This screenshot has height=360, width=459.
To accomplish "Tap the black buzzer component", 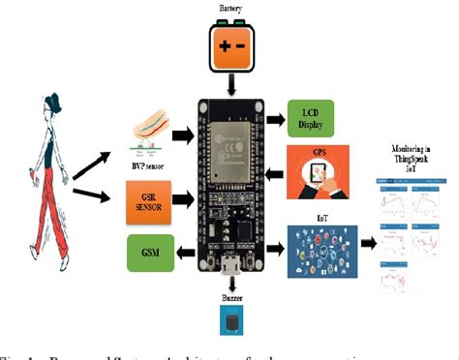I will [x=232, y=325].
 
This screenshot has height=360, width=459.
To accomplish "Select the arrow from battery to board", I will [x=229, y=85].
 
